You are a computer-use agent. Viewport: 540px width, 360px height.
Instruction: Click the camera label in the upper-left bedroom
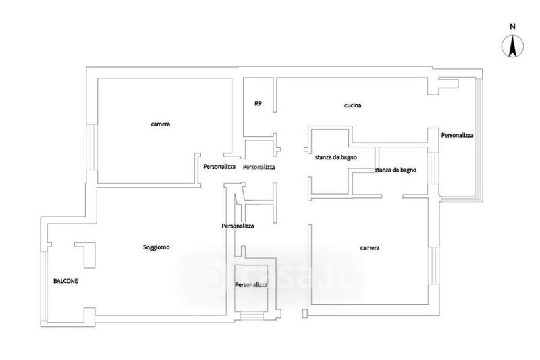click(160, 124)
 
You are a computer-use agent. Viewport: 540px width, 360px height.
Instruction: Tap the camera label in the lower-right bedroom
click(369, 248)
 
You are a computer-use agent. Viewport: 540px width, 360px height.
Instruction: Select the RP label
click(258, 104)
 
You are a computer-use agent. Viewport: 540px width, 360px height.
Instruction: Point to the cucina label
click(353, 106)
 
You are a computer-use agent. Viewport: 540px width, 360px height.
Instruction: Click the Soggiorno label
click(156, 248)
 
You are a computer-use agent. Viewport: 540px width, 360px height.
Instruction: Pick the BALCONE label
click(65, 280)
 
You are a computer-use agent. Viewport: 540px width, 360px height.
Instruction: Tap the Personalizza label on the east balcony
click(457, 136)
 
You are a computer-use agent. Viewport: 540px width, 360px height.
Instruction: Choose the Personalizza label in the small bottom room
click(250, 285)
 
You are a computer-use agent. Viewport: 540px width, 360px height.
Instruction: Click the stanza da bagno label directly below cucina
click(335, 157)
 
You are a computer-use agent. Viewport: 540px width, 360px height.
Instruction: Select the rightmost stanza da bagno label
click(395, 170)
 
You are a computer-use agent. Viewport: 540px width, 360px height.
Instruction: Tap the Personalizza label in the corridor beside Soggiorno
click(238, 226)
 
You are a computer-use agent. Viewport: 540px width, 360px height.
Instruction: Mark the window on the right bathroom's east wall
click(433, 172)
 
